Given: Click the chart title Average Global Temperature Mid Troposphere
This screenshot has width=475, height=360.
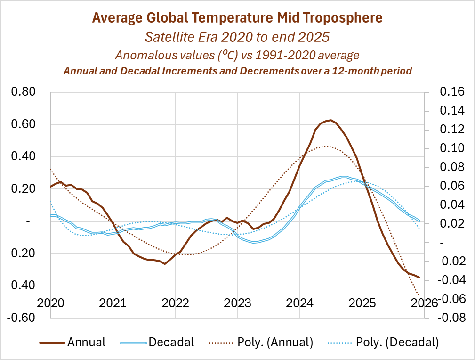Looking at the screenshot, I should pyautogui.click(x=237, y=18).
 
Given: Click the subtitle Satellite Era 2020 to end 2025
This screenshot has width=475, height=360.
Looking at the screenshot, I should pyautogui.click(x=237, y=37).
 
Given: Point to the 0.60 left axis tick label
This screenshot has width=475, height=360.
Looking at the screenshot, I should pyautogui.click(x=24, y=124).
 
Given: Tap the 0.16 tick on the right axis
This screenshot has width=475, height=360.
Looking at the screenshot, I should pyautogui.click(x=451, y=92).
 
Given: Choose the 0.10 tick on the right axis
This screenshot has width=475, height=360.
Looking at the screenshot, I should pyautogui.click(x=451, y=148).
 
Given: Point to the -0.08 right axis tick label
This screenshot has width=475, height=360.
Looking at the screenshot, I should pyautogui.click(x=450, y=318).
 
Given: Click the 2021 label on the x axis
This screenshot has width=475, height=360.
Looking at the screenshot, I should pyautogui.click(x=113, y=302).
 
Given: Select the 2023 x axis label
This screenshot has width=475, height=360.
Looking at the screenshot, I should pyautogui.click(x=237, y=302).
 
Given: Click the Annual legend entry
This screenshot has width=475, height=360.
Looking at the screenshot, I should pyautogui.click(x=87, y=342).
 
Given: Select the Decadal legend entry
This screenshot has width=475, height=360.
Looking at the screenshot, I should pyautogui.click(x=171, y=342).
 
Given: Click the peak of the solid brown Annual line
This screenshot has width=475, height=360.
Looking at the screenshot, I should pyautogui.click(x=330, y=120).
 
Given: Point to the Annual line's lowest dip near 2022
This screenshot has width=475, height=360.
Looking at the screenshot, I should pyautogui.click(x=164, y=263).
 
